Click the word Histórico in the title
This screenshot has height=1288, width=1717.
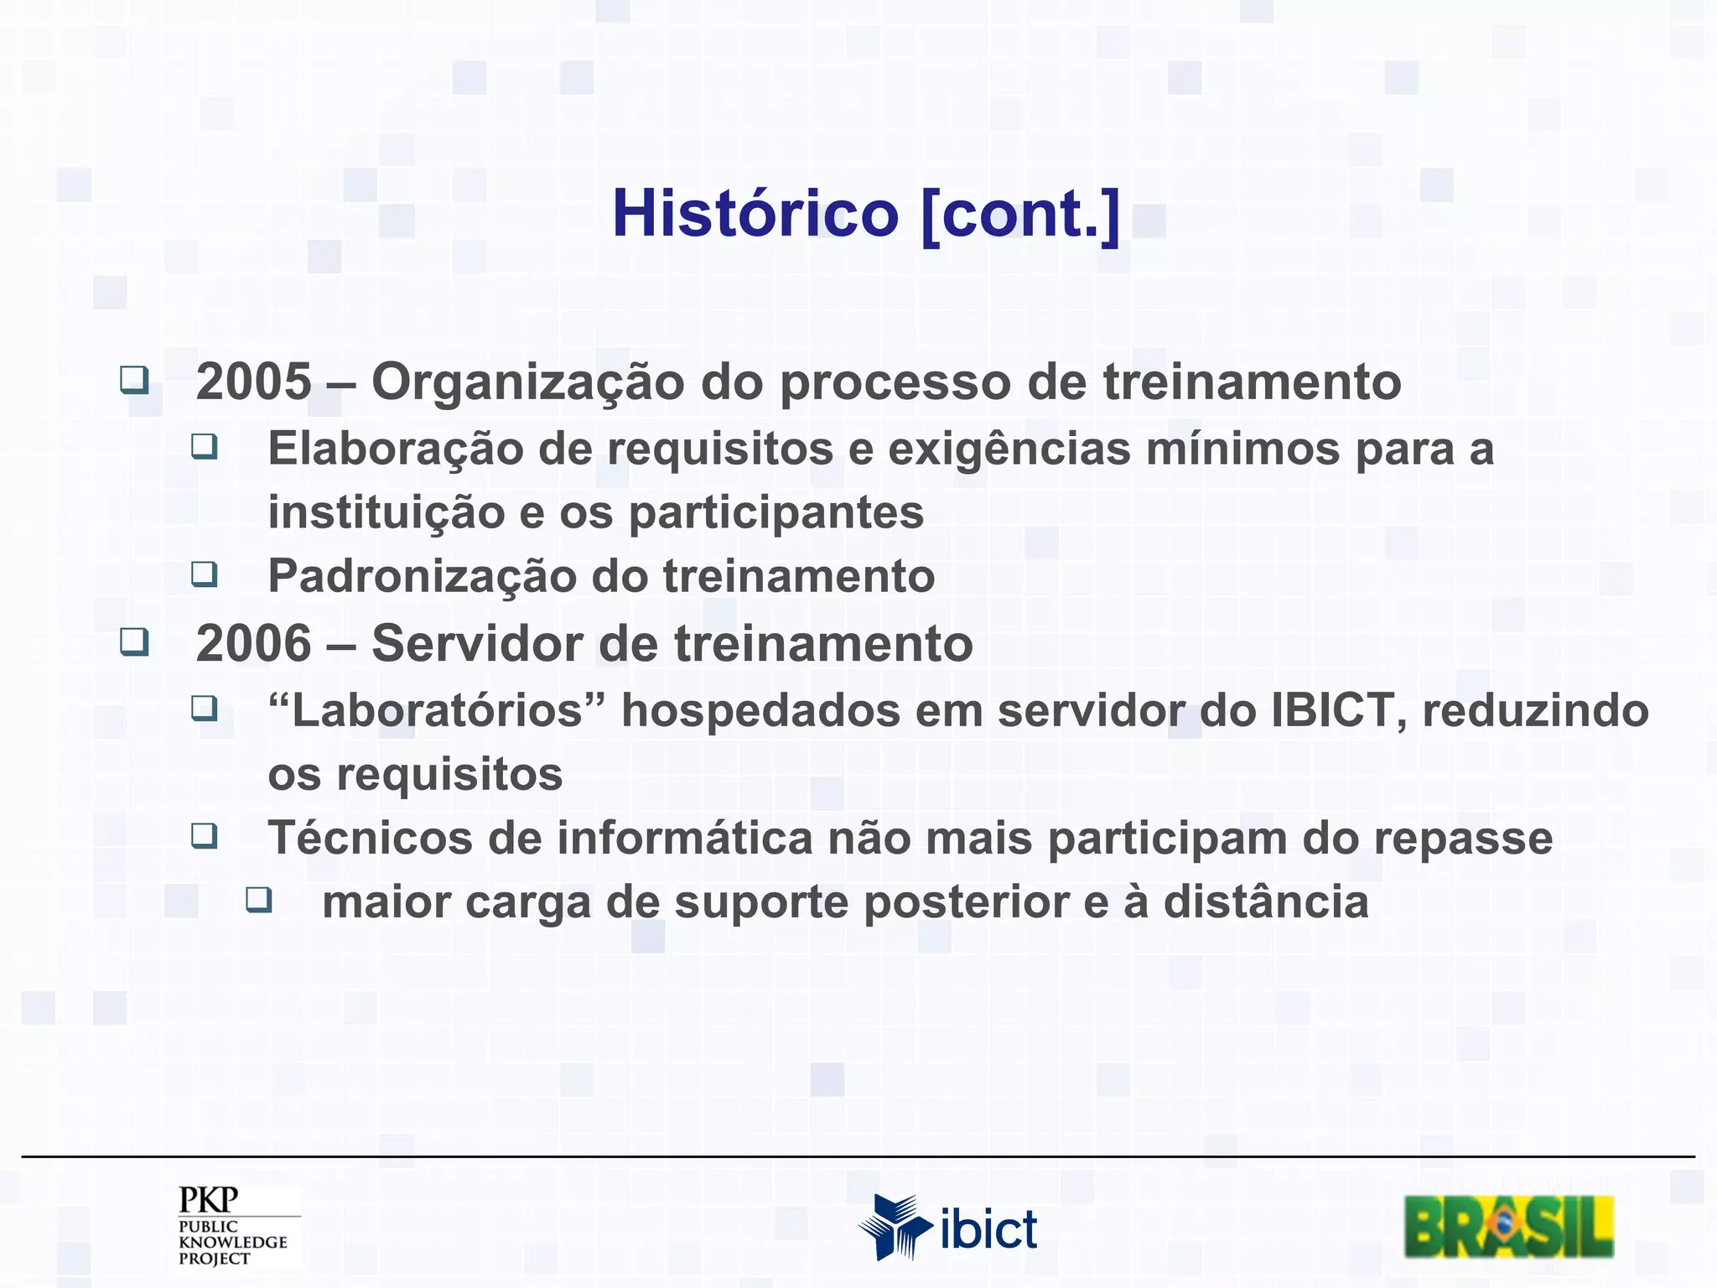[x=755, y=214]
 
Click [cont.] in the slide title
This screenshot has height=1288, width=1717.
[x=1019, y=214]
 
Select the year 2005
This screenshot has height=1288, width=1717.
[x=253, y=382]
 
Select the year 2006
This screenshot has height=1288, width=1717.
[x=253, y=644]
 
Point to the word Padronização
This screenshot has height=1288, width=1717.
[x=423, y=577]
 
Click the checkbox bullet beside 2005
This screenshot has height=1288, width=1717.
[x=134, y=380]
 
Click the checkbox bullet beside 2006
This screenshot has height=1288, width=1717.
[x=134, y=641]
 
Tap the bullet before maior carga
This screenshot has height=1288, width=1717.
[x=258, y=900]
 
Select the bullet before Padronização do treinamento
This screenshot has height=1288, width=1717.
[x=204, y=574]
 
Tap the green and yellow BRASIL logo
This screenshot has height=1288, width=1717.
[x=1508, y=1227]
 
